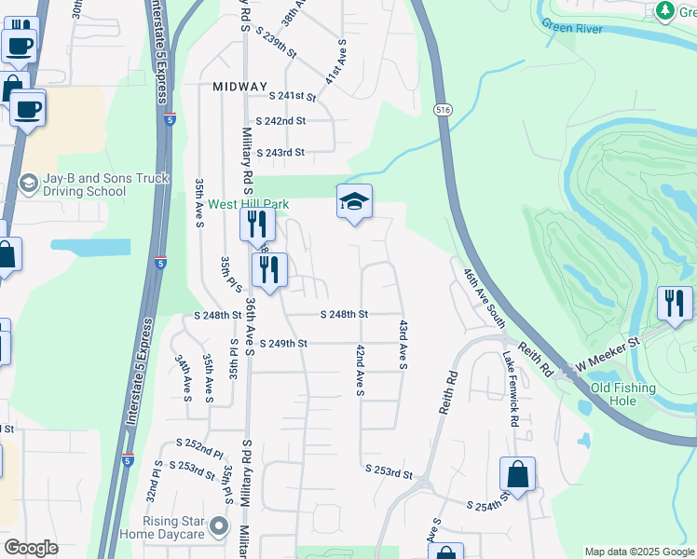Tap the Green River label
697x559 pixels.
click(571, 28)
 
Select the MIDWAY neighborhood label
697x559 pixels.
click(239, 85)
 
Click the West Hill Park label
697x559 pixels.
click(248, 204)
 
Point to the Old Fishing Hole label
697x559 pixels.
click(626, 394)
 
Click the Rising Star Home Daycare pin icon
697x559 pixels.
click(219, 527)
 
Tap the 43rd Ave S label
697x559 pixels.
click(403, 345)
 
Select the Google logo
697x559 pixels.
click(31, 548)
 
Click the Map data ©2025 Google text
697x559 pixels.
click(638, 552)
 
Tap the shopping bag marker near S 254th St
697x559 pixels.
click(517, 474)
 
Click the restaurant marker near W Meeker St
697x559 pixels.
click(675, 303)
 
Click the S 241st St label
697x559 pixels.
click(293, 96)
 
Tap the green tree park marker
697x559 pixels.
click(664, 10)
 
